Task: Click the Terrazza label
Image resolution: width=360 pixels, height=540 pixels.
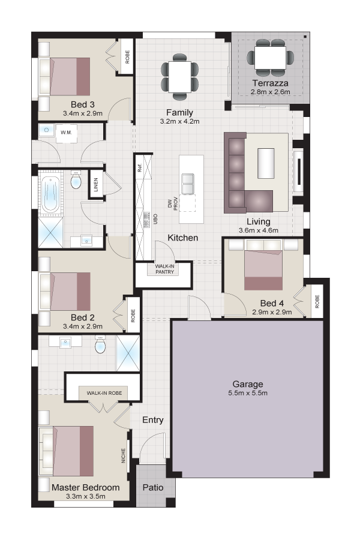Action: point(270,83)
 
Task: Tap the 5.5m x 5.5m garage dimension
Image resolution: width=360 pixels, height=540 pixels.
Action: point(248,393)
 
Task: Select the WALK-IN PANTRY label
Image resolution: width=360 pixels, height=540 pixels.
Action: point(164,269)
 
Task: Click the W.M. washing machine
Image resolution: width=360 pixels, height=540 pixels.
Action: point(66,133)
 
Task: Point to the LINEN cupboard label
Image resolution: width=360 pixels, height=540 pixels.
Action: point(96,185)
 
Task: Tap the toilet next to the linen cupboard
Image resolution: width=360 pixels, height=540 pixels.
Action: point(76,180)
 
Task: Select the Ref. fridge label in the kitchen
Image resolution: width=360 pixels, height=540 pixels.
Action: point(140,168)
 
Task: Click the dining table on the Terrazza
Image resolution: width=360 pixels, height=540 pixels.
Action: point(271,58)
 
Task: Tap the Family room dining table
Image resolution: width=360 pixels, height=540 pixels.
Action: point(179,77)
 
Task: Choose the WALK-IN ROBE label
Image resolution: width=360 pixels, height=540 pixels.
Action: point(104,393)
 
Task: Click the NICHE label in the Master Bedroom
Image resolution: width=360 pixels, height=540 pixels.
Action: point(124,455)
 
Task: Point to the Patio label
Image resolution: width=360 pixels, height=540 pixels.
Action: point(153,487)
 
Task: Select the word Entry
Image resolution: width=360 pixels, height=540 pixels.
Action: point(152,420)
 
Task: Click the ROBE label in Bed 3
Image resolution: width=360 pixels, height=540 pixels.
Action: point(127,57)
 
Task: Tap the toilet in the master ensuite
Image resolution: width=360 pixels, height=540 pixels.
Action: point(100,344)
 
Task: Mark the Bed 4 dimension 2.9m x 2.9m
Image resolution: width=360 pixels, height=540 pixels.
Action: point(272,312)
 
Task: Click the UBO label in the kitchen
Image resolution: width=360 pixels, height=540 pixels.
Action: point(155,220)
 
